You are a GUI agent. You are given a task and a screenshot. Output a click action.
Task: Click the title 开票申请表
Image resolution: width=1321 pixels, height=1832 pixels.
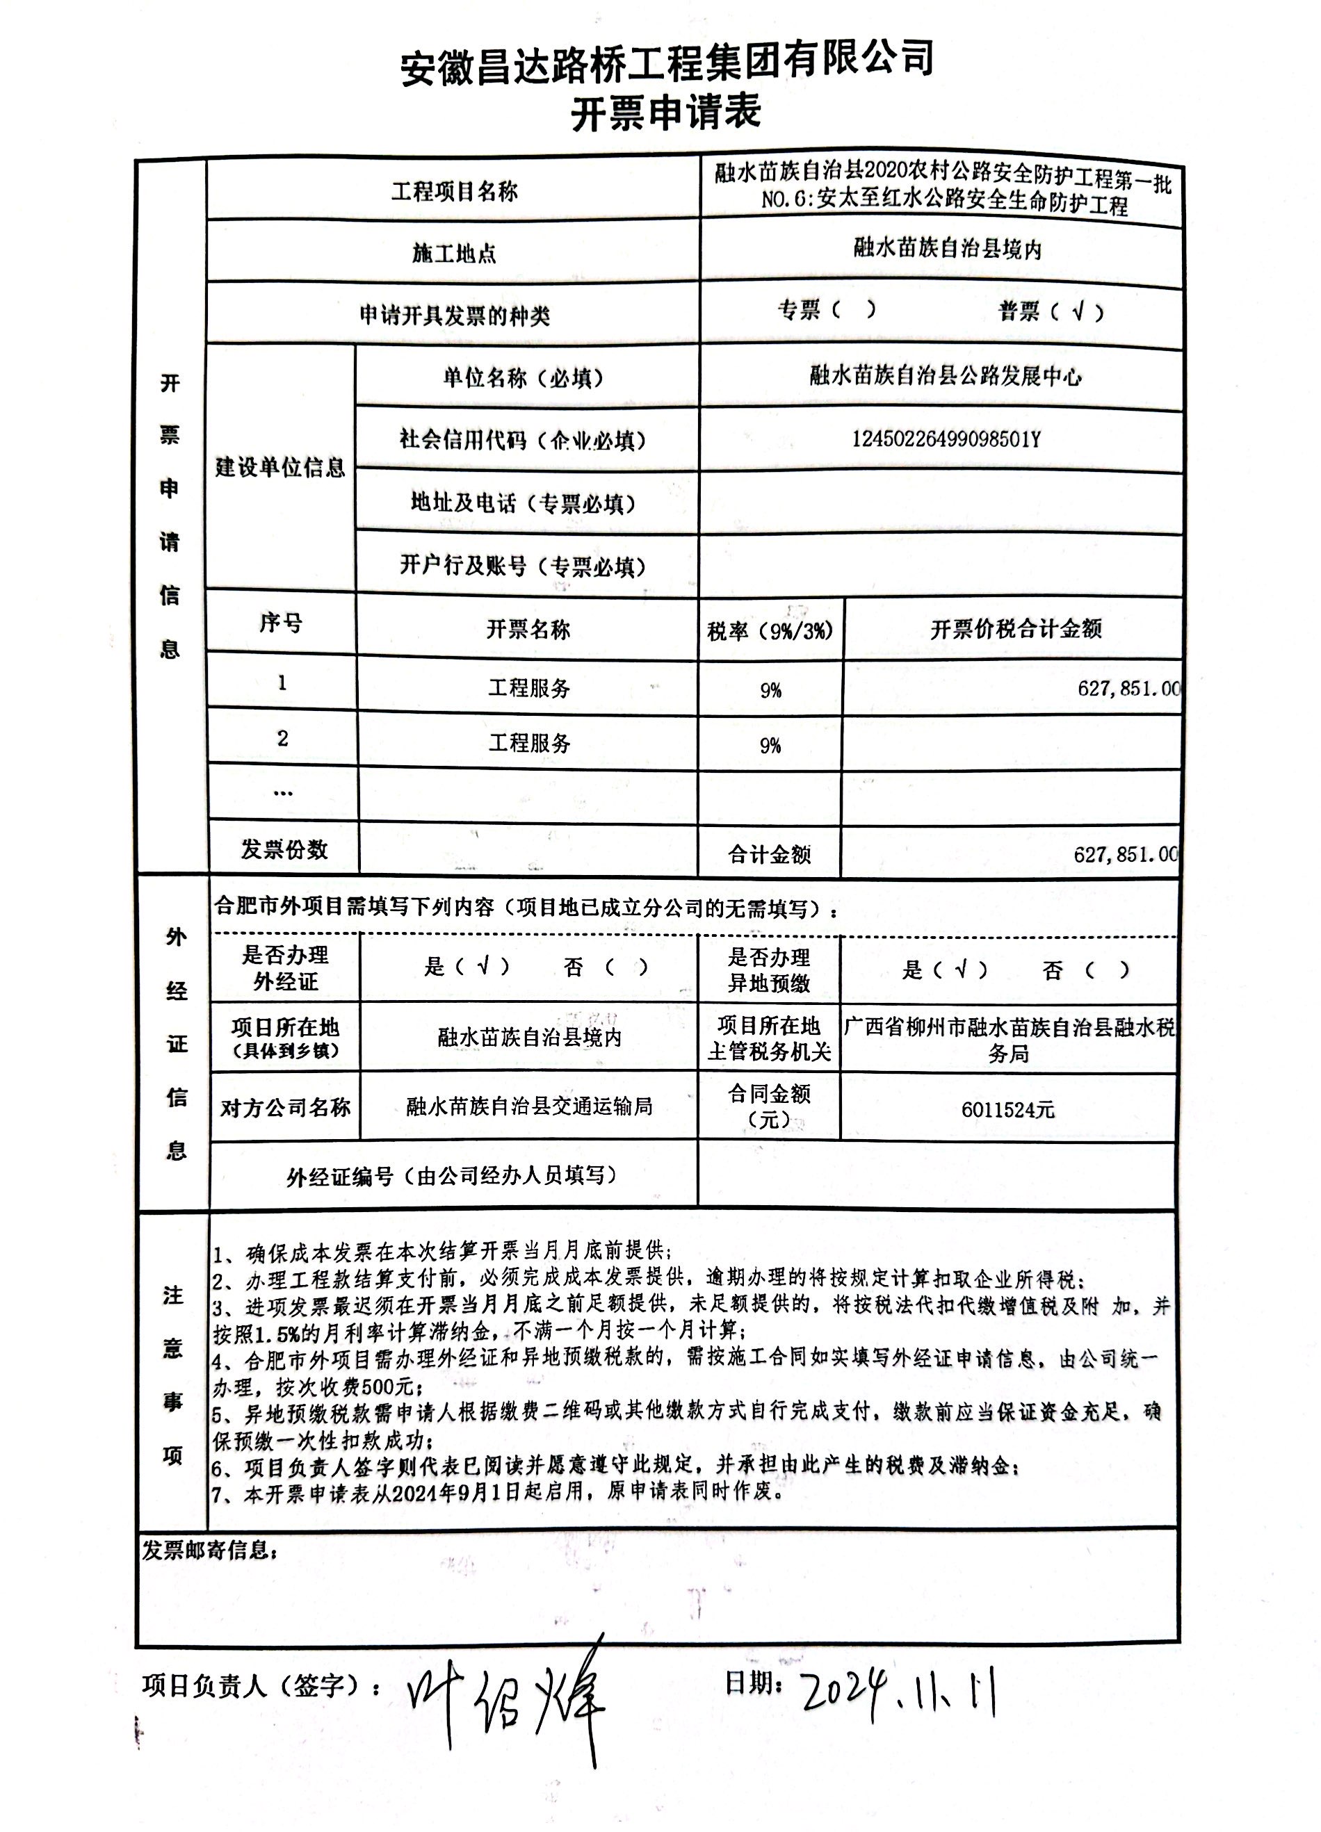coord(666,113)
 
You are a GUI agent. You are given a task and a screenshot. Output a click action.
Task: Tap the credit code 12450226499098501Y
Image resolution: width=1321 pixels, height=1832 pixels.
coord(946,439)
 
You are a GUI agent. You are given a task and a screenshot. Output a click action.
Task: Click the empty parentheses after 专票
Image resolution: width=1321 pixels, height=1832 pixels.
coord(852,310)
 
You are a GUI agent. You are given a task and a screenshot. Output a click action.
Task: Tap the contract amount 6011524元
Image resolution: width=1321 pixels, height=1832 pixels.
coord(1007,1110)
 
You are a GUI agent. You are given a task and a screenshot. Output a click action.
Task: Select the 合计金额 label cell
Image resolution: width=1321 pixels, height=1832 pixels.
coord(769,855)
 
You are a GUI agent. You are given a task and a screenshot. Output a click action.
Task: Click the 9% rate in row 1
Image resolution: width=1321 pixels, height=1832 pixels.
coord(770,691)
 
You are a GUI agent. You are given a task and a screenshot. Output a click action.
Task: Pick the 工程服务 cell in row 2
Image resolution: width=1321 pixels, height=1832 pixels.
coord(529,743)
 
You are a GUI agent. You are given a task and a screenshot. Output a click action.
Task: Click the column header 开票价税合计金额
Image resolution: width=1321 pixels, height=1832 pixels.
coord(1016,629)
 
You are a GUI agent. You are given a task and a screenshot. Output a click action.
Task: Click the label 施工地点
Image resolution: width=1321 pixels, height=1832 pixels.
coord(454,254)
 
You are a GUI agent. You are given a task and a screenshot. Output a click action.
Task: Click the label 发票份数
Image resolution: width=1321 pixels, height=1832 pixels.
coord(284,850)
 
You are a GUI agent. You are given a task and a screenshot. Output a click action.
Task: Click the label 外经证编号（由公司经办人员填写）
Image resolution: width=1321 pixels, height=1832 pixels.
coord(452,1176)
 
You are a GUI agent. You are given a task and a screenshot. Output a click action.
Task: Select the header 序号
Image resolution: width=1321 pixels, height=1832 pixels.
coord(280,623)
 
